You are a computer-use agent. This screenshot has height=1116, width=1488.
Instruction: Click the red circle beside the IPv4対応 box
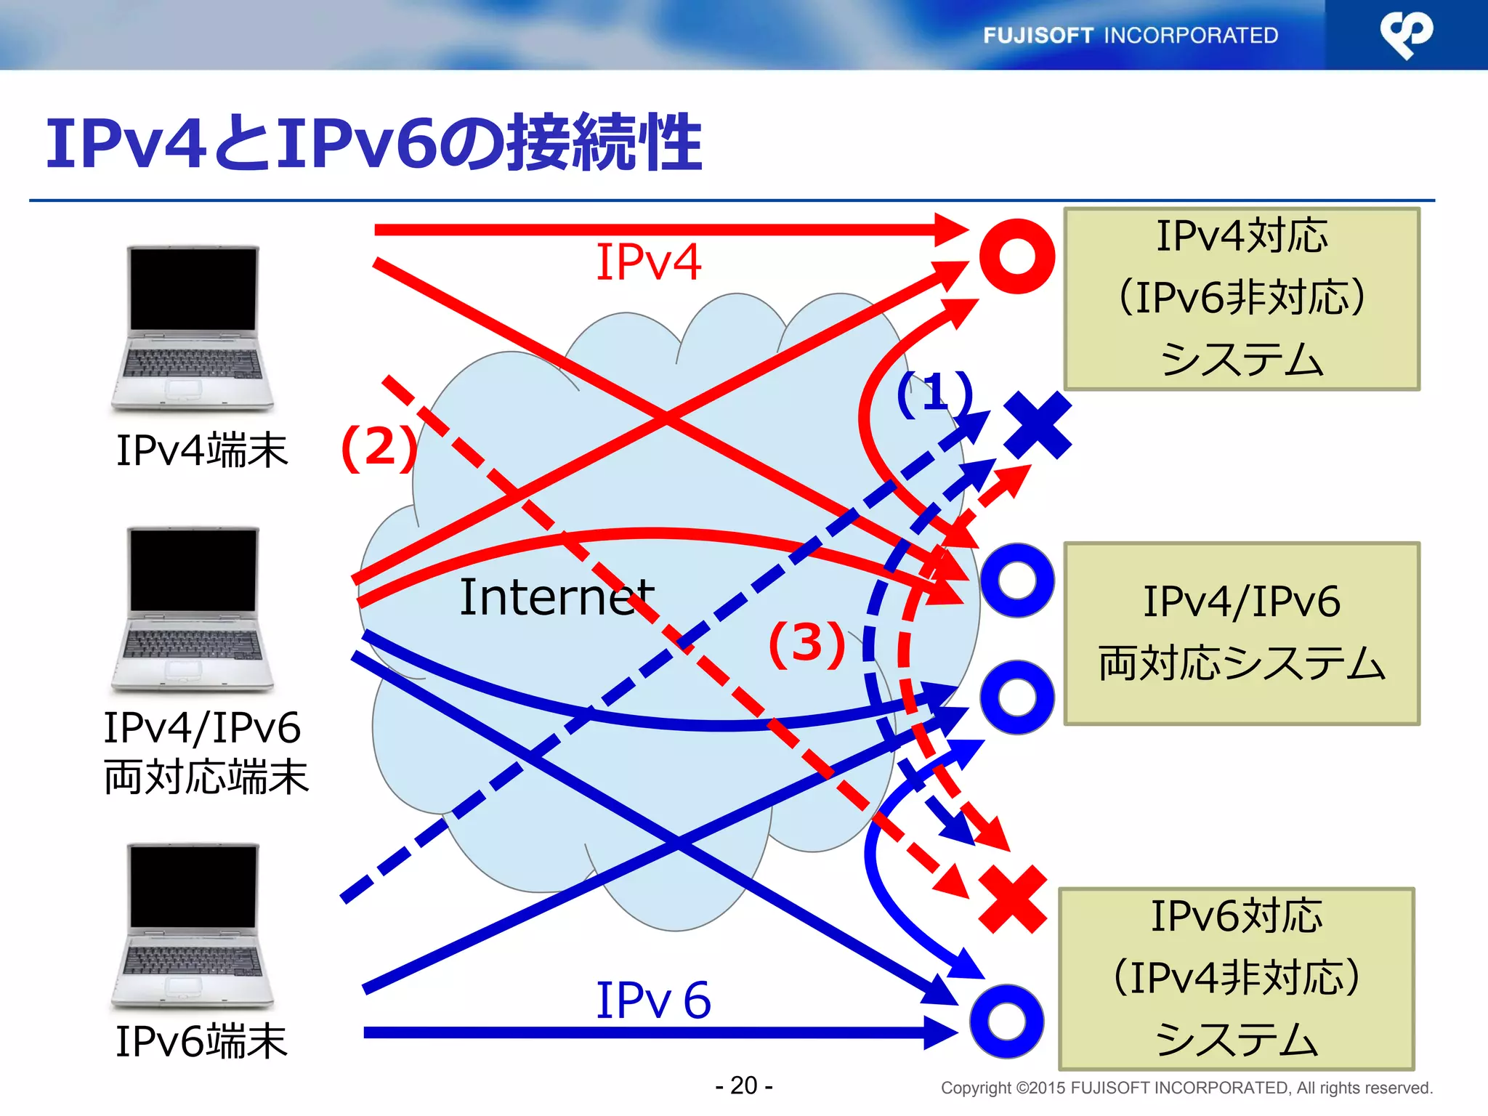(1016, 256)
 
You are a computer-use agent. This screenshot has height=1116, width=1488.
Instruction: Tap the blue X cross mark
(1038, 425)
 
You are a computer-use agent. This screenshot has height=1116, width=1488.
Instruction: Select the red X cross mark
(1013, 899)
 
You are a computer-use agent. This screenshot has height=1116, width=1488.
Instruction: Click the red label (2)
(379, 447)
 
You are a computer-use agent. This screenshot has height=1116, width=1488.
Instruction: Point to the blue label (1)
(934, 393)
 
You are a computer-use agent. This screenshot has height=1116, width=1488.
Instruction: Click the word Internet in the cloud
(557, 597)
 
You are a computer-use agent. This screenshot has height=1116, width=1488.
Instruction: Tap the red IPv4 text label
(648, 262)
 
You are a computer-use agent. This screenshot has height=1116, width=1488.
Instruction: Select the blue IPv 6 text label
(652, 1000)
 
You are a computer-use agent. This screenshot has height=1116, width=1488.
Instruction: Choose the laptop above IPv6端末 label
(193, 926)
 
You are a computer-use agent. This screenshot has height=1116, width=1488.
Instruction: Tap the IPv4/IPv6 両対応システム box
(1241, 633)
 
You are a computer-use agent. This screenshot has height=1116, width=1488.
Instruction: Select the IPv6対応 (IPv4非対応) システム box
(1236, 978)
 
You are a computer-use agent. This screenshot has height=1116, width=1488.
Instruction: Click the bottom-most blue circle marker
(1006, 1022)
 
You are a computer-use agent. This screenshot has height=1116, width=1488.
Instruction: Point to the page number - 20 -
(743, 1085)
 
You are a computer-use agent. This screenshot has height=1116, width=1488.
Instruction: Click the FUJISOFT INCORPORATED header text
(1130, 35)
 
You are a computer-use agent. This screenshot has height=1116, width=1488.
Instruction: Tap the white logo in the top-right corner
(1406, 33)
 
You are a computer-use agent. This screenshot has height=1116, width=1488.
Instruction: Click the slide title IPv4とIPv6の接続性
(373, 143)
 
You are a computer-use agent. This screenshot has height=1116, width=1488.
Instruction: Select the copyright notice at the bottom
(1186, 1088)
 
